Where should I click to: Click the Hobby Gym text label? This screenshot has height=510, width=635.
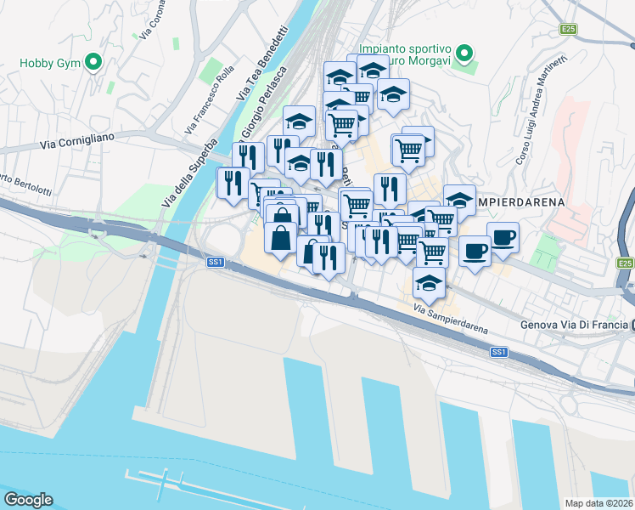48,62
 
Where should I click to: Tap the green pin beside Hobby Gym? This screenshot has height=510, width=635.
94,62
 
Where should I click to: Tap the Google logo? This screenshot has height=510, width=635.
27,500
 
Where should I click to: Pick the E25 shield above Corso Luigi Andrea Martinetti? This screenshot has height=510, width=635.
568,30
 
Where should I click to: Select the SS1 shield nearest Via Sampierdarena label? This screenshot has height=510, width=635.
499,351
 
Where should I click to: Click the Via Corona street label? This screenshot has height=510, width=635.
155,19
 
